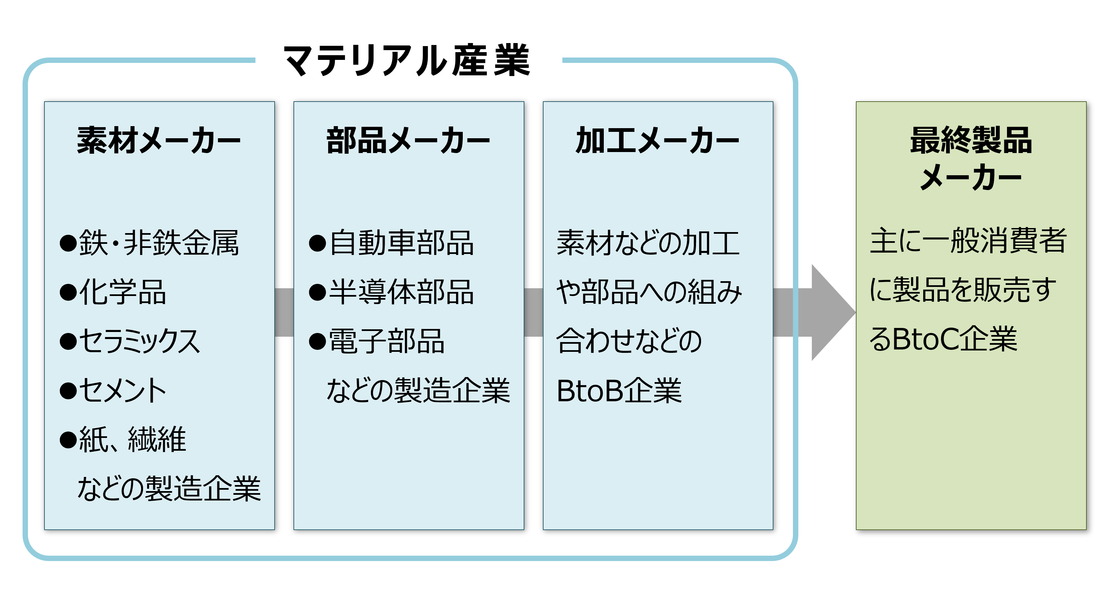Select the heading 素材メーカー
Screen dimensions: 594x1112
pos(159,141)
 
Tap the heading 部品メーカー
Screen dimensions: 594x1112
pos(408,141)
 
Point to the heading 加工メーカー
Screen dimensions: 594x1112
pos(657,141)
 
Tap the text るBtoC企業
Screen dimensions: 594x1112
pos(943,339)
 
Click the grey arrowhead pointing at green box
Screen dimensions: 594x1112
pos(831,312)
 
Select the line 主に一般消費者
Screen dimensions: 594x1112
pos(968,241)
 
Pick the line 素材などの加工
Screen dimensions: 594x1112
pos(648,243)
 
